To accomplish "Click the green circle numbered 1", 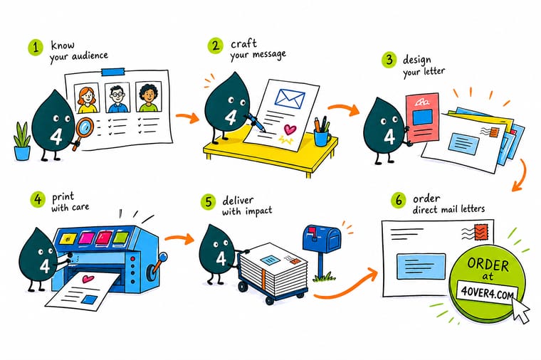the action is [36, 47].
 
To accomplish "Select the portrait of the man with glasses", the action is [117, 97].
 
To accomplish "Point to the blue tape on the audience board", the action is [113, 72].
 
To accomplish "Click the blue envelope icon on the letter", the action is [290, 97].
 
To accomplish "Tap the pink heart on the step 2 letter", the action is [290, 129].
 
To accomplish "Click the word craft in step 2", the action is [243, 44].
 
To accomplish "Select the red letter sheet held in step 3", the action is [423, 118].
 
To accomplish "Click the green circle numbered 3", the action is [389, 60].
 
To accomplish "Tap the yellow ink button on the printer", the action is [68, 238].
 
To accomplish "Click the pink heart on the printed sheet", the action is [88, 279].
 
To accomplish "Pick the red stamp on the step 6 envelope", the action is [482, 232].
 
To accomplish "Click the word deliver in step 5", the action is [238, 201].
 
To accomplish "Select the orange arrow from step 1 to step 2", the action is [188, 117].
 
